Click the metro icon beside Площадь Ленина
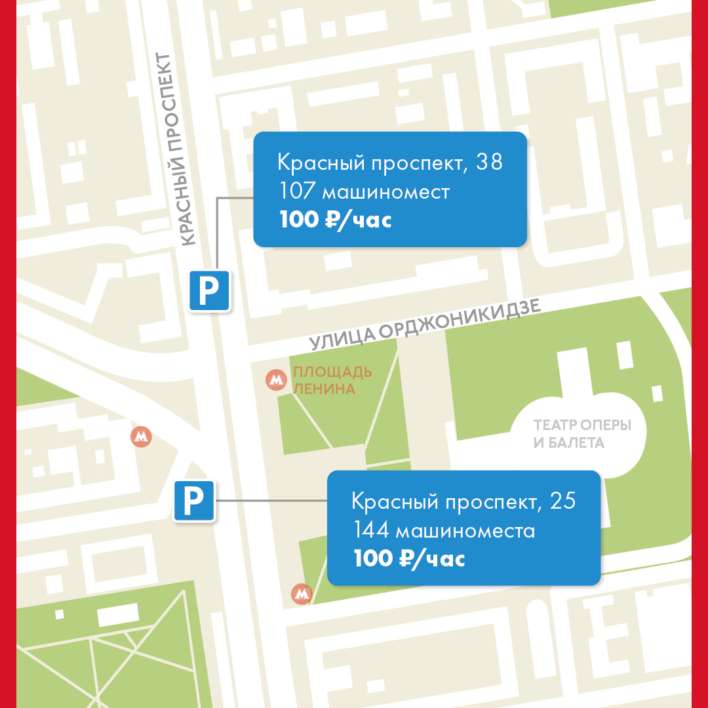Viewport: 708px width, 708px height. tap(276, 380)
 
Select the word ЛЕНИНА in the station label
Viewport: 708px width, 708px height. tap(324, 389)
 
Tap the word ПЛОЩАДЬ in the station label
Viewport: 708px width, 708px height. tap(332, 372)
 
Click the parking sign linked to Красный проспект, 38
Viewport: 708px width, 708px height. tap(209, 290)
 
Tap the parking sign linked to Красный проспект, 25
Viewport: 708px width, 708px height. tap(193, 501)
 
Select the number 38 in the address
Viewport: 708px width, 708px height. tap(490, 162)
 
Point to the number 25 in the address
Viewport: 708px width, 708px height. tap(563, 501)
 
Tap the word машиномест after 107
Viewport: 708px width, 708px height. tap(385, 191)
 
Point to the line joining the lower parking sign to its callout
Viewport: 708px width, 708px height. tap(271, 501)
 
